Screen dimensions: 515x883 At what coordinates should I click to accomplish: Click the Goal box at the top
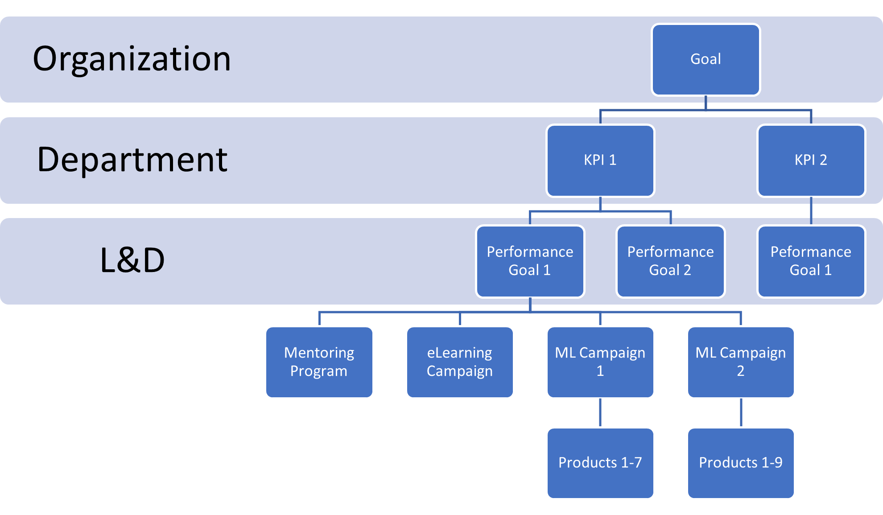pyautogui.click(x=706, y=60)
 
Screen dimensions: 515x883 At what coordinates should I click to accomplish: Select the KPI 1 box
pyautogui.click(x=600, y=161)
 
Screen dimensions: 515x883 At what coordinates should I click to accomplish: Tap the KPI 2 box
pyautogui.click(x=811, y=161)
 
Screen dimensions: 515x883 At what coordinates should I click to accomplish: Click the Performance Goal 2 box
pyautogui.click(x=670, y=261)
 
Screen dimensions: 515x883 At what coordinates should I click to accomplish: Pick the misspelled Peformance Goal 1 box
pyautogui.click(x=811, y=261)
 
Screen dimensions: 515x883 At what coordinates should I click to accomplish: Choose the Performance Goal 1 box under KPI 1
pyautogui.click(x=530, y=261)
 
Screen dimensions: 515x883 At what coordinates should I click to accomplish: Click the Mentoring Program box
pyautogui.click(x=319, y=362)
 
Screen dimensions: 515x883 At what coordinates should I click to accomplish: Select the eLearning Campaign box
pyautogui.click(x=460, y=362)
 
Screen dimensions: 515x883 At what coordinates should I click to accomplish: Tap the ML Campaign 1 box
pyautogui.click(x=600, y=362)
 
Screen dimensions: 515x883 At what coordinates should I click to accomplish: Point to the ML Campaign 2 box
pyautogui.click(x=741, y=362)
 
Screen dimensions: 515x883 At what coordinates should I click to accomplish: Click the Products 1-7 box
pyautogui.click(x=600, y=463)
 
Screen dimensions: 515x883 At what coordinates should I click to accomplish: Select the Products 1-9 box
pyautogui.click(x=741, y=463)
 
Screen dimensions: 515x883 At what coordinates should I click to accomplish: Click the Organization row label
pyautogui.click(x=132, y=59)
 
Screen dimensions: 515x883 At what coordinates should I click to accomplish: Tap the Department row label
pyautogui.click(x=132, y=160)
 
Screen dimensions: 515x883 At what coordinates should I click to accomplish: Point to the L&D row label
pyautogui.click(x=132, y=260)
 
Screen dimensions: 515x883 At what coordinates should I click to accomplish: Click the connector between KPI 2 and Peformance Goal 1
pyautogui.click(x=811, y=211)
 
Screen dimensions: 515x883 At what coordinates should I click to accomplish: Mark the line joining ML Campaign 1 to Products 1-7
pyautogui.click(x=600, y=413)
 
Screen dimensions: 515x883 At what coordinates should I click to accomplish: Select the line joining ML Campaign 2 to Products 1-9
pyautogui.click(x=741, y=413)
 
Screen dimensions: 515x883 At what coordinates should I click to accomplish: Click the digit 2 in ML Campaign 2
pyautogui.click(x=740, y=371)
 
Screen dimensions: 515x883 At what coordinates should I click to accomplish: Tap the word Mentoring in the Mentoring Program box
pyautogui.click(x=319, y=353)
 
